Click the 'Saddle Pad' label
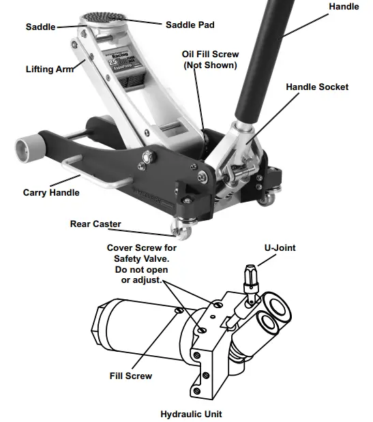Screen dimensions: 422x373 click(190, 25)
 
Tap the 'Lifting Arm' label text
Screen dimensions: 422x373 click(51, 69)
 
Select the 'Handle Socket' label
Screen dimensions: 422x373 click(316, 87)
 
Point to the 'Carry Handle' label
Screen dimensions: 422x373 click(51, 193)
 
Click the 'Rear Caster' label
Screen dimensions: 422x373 click(95, 224)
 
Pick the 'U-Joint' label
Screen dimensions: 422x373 click(280, 248)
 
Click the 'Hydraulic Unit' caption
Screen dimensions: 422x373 click(191, 414)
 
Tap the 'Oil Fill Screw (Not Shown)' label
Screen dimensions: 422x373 click(209, 60)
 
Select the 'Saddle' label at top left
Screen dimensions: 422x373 click(40, 27)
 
